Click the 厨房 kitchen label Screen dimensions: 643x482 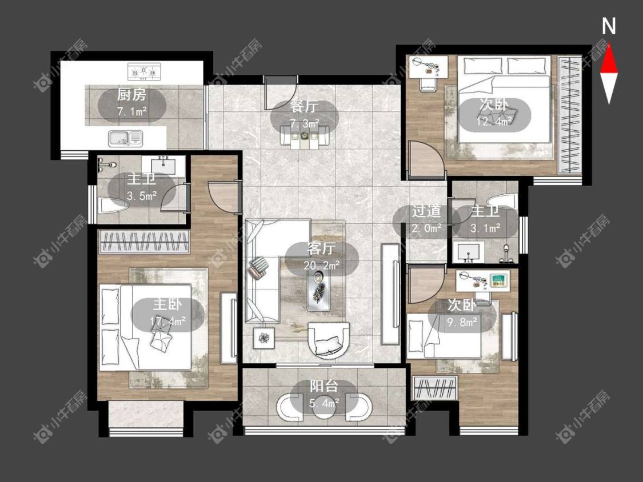(131, 95)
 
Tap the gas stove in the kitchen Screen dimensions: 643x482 (144, 71)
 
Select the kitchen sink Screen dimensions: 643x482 (126, 138)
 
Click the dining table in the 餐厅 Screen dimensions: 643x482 (304, 136)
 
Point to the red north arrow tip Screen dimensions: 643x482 (609, 43)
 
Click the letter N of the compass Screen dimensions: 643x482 (609, 26)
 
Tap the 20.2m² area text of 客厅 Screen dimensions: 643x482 (321, 265)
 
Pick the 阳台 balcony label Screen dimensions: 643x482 (324, 386)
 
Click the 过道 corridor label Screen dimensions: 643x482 (426, 211)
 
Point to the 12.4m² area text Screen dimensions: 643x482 (494, 121)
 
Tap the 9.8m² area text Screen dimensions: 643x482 (462, 322)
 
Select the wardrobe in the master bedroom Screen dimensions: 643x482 (145, 242)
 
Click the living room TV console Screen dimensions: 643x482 (390, 294)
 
